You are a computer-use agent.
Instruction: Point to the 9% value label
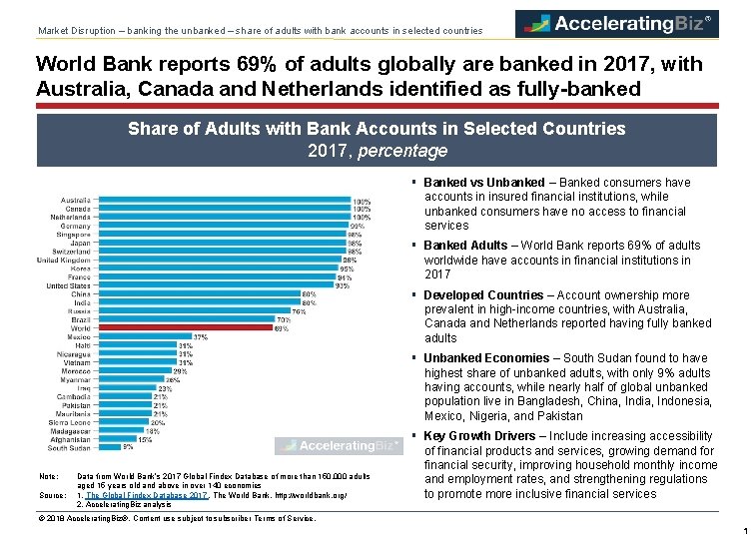tap(128, 447)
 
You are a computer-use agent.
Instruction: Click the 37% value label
tap(201, 336)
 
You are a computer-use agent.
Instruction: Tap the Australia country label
tap(75, 200)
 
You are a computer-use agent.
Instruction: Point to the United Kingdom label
tap(63, 260)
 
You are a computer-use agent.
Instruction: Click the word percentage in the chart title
tap(402, 151)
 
